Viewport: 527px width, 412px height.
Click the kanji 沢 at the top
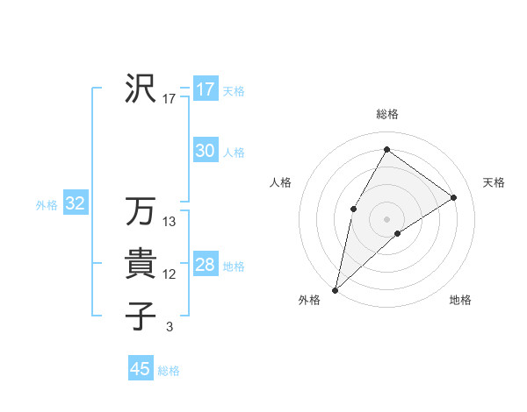(141, 89)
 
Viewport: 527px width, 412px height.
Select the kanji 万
(141, 211)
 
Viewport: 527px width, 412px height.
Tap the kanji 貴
(141, 264)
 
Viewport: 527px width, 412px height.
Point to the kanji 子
(141, 316)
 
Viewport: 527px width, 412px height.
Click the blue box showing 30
(205, 151)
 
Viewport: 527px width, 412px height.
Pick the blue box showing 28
(205, 265)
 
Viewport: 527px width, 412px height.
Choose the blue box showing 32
(75, 204)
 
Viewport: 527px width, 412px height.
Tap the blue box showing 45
(141, 369)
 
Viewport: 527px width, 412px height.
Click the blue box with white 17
(205, 89)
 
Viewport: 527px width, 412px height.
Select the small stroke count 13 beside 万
(170, 222)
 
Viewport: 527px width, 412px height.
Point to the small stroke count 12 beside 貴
(170, 274)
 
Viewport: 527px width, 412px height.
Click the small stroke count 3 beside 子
(169, 327)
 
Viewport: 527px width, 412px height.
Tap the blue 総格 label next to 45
(169, 371)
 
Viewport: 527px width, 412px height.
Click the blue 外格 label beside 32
(47, 205)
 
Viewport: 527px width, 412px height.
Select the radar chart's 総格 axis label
(386, 114)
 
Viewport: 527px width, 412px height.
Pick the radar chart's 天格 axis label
(494, 182)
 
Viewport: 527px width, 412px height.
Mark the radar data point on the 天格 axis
(454, 197)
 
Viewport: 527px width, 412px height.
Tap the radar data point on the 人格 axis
(353, 208)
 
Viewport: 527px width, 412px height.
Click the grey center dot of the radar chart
(386, 218)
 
